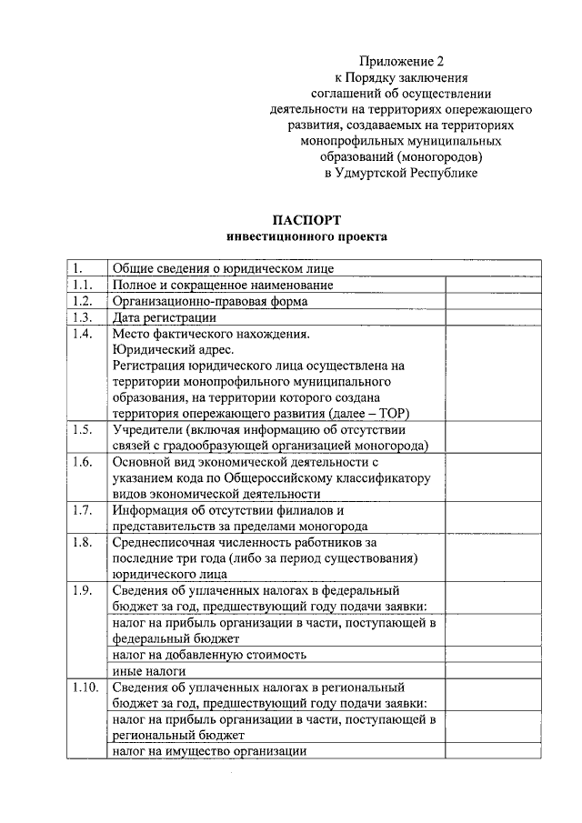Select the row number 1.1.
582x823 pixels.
pos(82,285)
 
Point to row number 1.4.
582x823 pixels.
pos(82,334)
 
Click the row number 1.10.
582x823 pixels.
pos(85,687)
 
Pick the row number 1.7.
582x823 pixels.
pos(82,510)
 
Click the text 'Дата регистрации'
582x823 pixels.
pos(164,317)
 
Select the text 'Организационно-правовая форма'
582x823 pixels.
pos(209,301)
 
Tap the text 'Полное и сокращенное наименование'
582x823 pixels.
pos(222,285)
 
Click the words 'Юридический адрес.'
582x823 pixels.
pos(173,350)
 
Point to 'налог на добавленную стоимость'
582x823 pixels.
pos(208,654)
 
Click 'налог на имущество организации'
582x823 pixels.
pos(208,751)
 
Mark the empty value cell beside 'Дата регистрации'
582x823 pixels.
pos(493,317)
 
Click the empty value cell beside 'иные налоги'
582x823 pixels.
pos(493,670)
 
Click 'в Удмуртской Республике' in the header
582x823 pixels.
pos(400,172)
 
